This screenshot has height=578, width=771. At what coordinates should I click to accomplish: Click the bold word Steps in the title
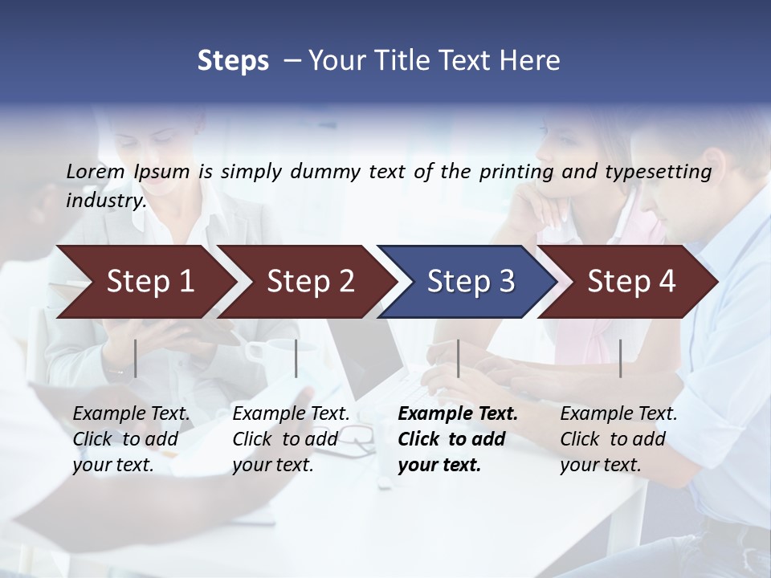point(233,61)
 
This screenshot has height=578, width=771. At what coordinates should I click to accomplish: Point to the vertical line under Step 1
point(136,358)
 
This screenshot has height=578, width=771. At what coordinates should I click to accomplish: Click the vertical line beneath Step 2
point(296,358)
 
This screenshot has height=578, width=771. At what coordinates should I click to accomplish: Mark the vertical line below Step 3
point(459,358)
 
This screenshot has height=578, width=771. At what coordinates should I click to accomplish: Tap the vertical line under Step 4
point(620,358)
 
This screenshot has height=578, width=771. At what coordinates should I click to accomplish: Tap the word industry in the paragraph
point(106,200)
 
